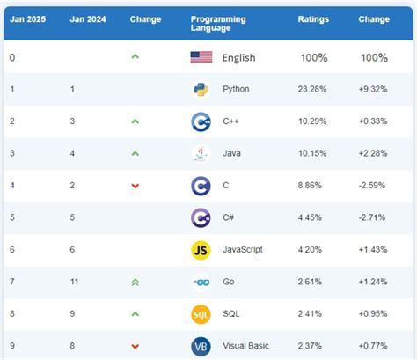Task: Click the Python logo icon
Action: [x=201, y=89]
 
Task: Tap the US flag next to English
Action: [x=201, y=57]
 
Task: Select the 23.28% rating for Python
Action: [x=312, y=89]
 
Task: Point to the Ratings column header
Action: [x=312, y=18]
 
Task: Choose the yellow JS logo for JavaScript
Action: [x=201, y=249]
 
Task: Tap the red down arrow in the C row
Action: [x=135, y=186]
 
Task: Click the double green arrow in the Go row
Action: [x=135, y=282]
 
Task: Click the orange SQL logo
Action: [x=201, y=314]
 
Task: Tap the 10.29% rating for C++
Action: [x=312, y=121]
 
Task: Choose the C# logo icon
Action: [x=201, y=217]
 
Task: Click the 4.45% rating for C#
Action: [x=312, y=217]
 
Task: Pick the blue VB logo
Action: [x=201, y=346]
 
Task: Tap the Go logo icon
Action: [x=201, y=282]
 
